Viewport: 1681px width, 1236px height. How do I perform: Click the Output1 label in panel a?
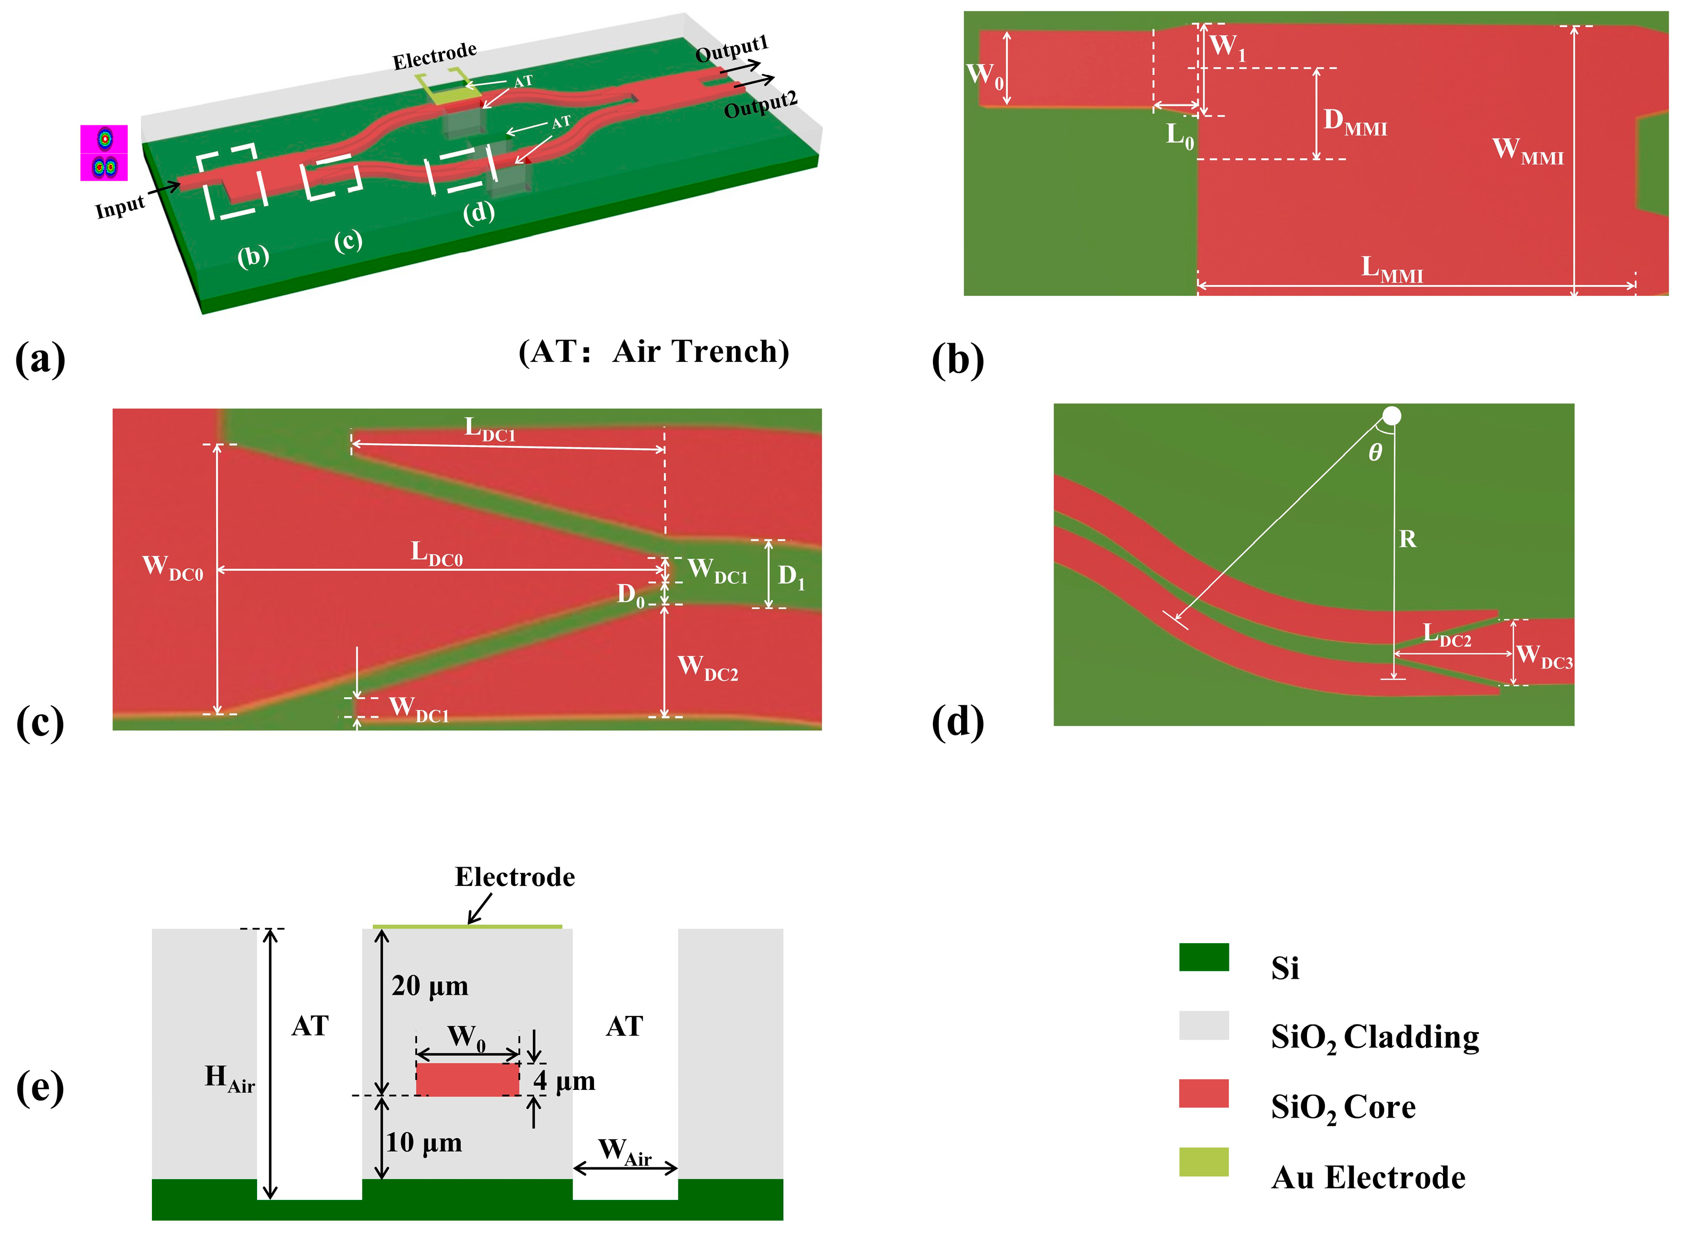731,49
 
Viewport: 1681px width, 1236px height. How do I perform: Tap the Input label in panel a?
120,207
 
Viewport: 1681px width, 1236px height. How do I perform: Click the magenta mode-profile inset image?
104,153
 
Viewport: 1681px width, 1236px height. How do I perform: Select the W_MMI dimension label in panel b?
1527,150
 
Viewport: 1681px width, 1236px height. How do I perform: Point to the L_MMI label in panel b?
1391,269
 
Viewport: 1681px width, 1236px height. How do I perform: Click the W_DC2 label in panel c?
707,667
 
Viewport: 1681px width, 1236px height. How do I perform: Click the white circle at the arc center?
1391,416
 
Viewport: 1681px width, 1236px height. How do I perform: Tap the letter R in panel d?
1407,539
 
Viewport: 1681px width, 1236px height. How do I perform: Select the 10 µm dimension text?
423,1142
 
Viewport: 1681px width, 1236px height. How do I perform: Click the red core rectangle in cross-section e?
467,1080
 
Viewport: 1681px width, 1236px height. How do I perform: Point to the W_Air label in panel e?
625,1152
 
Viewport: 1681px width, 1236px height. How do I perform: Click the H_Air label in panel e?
229,1078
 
